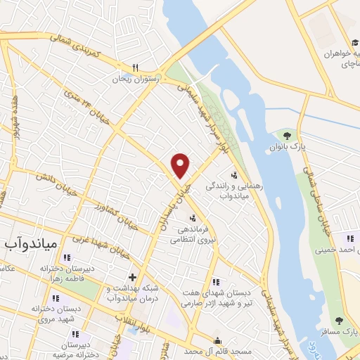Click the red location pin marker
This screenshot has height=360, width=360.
pos(181,165)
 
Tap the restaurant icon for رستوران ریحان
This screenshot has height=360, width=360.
pos(136,68)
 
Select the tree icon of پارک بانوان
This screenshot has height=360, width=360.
pos(285,136)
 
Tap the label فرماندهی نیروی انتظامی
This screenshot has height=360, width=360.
pos(193,234)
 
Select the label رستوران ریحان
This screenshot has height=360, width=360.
pos(136,79)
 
